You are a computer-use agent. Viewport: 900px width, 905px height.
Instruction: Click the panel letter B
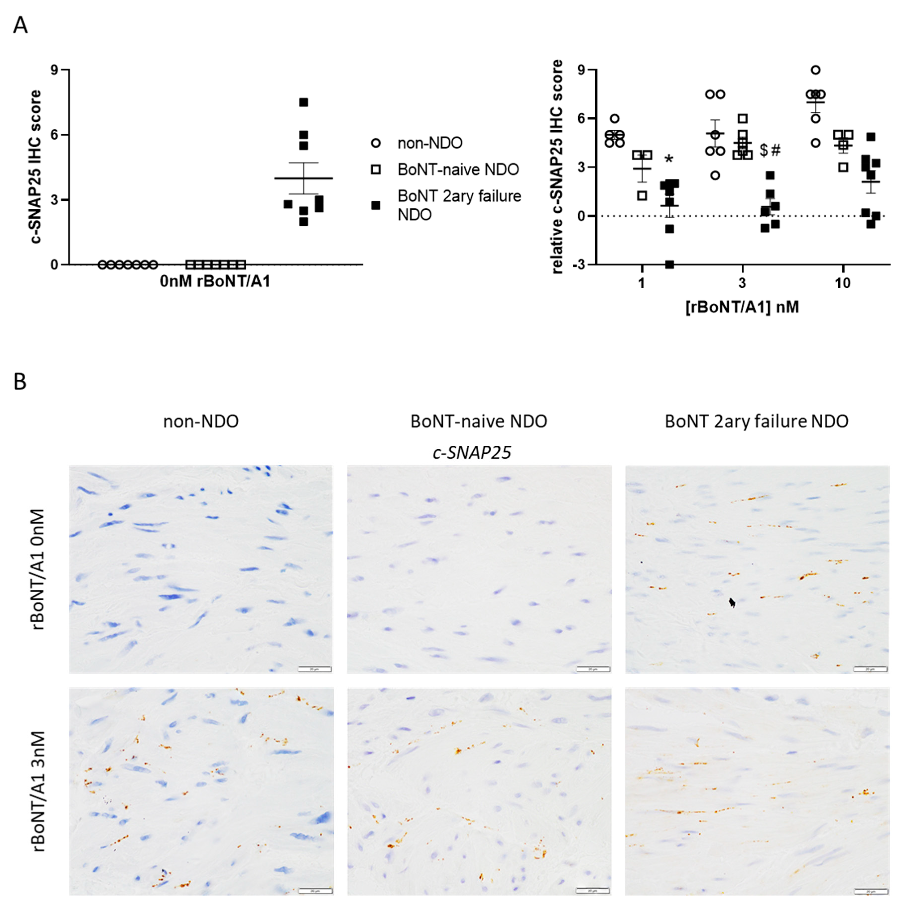click(20, 382)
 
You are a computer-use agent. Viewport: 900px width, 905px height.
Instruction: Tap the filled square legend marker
click(375, 205)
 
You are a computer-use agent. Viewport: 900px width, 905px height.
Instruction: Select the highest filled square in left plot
click(304, 102)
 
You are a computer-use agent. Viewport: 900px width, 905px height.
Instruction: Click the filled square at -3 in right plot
click(670, 265)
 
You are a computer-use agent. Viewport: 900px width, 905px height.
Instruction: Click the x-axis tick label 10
click(842, 283)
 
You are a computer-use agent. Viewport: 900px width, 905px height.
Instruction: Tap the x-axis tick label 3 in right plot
click(742, 283)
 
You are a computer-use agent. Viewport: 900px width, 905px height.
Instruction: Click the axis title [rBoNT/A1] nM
click(742, 307)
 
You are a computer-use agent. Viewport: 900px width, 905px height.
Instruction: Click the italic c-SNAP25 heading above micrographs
click(472, 452)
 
